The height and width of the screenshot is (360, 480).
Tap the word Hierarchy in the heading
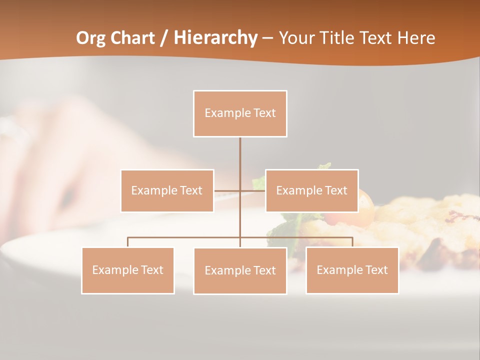tap(215, 38)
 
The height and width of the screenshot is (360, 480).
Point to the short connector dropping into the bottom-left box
tap(127, 242)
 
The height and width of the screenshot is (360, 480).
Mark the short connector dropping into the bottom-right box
tap(352, 242)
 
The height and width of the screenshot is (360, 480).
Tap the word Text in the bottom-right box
tap(376, 270)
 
